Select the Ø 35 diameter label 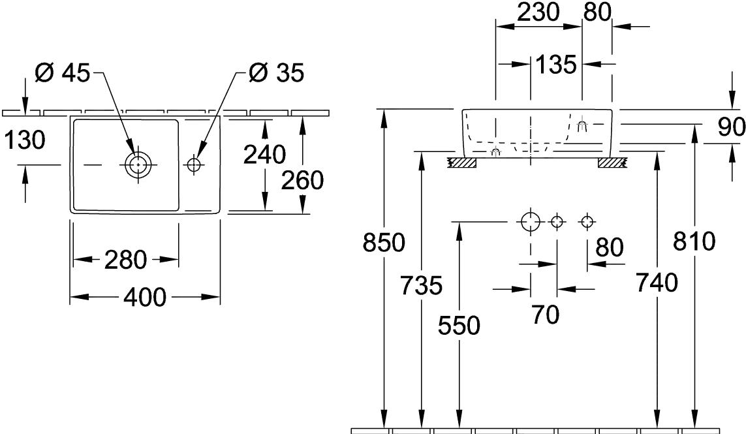(275, 74)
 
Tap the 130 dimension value (23, 140)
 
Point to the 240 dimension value (264, 155)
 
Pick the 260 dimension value (303, 180)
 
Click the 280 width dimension (125, 261)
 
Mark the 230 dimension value (539, 12)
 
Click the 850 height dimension (384, 243)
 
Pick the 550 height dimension (459, 324)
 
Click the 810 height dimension (694, 242)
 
